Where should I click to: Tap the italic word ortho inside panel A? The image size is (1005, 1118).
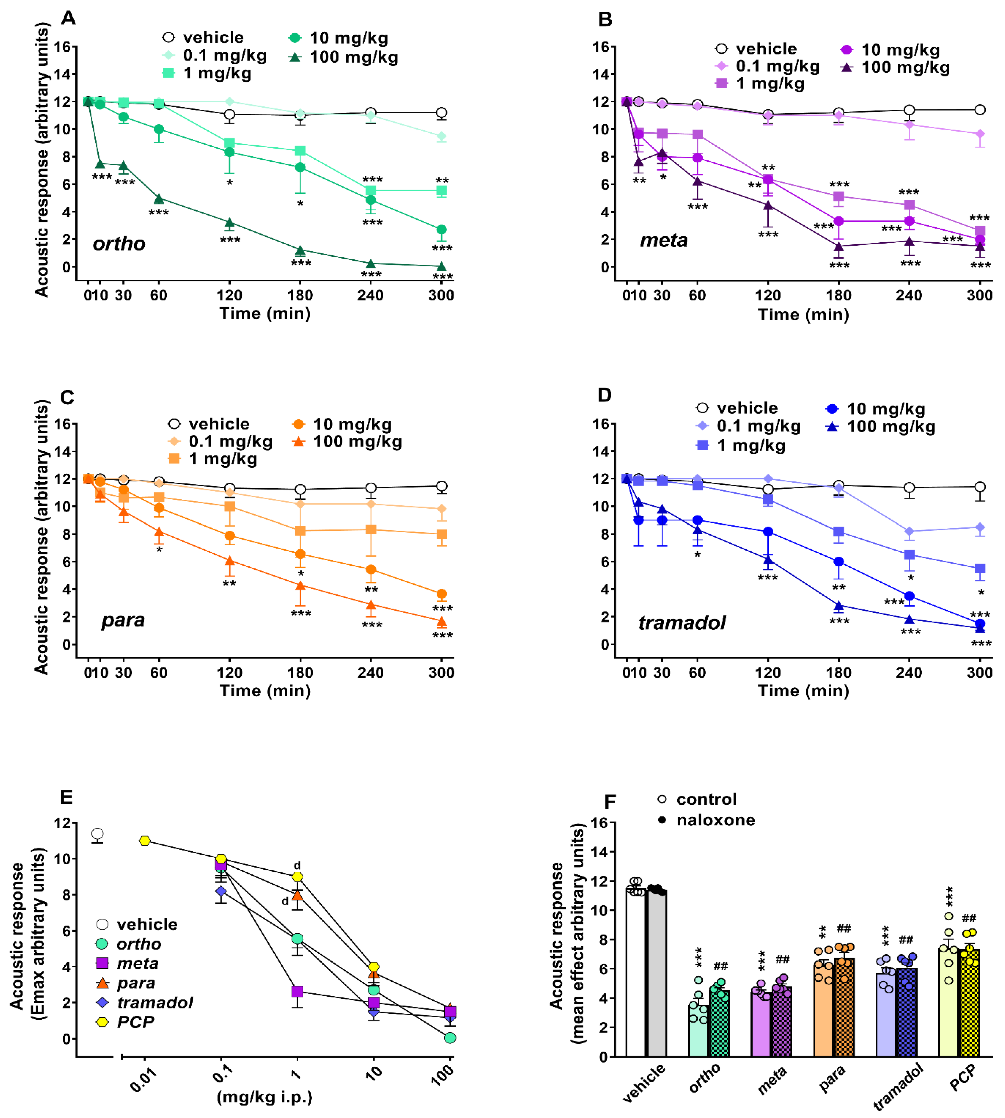pos(119,244)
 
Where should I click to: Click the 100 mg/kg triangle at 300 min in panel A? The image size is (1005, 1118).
pos(441,266)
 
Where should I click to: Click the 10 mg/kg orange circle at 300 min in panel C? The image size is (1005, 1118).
pos(441,594)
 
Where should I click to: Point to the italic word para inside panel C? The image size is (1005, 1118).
pos(122,620)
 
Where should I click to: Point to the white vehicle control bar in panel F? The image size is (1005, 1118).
pos(636,972)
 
